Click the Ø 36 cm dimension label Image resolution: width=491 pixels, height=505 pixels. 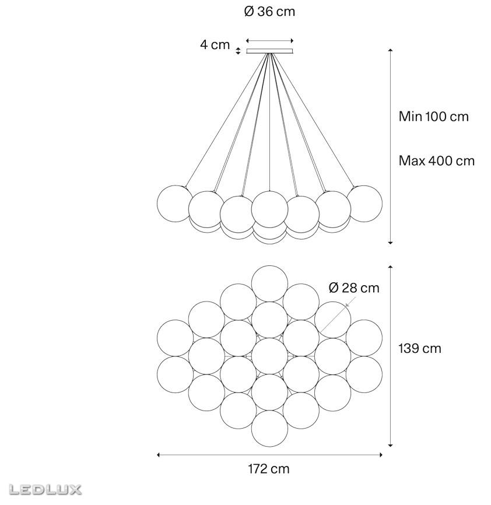click(269, 12)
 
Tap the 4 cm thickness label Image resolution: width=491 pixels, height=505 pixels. click(215, 45)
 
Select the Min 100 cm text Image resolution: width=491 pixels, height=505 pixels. click(433, 116)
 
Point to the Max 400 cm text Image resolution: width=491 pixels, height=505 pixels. click(437, 160)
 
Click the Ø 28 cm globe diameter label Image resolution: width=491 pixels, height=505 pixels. click(354, 287)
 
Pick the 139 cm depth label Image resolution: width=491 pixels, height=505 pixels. click(419, 348)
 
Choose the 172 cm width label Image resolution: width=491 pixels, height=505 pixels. click(269, 469)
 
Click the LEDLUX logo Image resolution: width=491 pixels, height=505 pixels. click(45, 489)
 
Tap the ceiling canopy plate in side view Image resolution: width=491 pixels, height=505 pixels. click(270, 51)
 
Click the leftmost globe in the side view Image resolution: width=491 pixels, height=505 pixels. click(175, 204)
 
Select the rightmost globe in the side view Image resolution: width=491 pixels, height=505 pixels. click(364, 204)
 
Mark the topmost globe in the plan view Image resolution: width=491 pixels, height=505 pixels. click(269, 284)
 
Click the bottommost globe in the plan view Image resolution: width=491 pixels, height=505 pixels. click(269, 429)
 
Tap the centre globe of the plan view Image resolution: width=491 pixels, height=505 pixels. click(269, 356)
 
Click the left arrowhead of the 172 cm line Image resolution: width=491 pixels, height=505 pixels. click(159, 455)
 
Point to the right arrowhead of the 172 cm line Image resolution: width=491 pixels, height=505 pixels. click(381, 455)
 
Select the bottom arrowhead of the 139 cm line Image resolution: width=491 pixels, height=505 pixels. click(390, 445)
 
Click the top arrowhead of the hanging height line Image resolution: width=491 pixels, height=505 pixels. click(390, 51)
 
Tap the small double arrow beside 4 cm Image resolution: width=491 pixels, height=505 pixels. click(238, 51)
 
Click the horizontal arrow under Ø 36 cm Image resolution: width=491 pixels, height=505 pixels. click(270, 41)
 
